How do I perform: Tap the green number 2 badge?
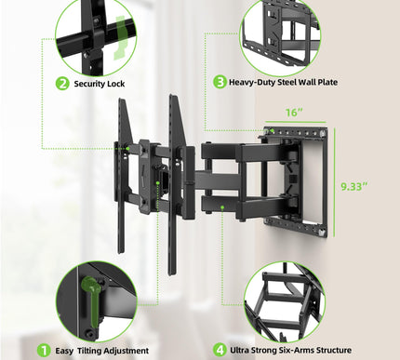click(62, 83)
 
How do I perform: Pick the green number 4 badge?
click(220, 350)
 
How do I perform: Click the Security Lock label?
click(100, 83)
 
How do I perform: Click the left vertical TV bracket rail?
click(121, 177)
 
